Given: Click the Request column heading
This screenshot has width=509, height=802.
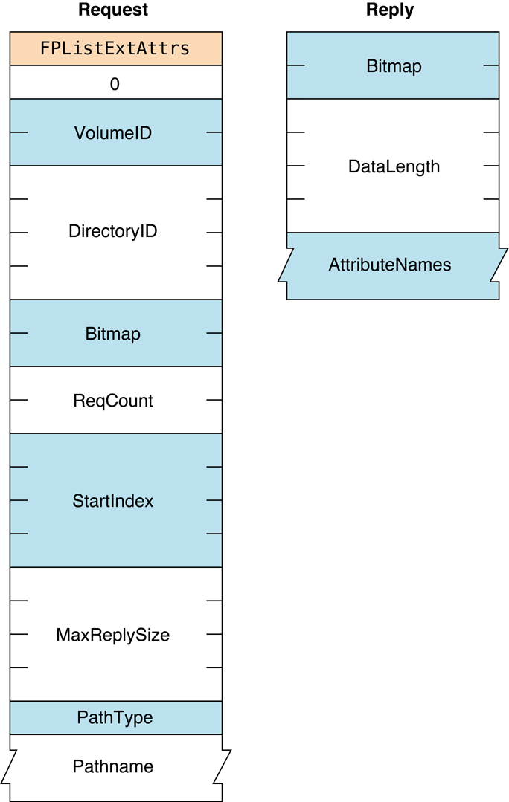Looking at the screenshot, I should [113, 10].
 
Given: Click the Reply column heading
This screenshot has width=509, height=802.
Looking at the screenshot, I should [390, 10].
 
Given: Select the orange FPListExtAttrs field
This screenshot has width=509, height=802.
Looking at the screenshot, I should [115, 49].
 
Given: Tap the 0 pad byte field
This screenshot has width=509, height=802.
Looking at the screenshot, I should [115, 84].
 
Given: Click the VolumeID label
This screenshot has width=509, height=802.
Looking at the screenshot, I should [113, 133].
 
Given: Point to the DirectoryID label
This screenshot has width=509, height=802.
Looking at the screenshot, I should [113, 231].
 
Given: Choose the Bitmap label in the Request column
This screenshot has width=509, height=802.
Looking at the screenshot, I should [113, 334].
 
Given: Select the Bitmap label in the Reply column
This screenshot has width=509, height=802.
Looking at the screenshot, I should [394, 66].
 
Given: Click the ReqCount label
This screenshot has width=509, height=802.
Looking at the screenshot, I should [113, 401].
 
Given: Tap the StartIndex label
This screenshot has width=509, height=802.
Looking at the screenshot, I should [113, 501].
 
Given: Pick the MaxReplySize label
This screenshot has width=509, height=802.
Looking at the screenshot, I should [113, 635].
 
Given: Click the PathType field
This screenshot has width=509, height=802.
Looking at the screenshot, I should [115, 718].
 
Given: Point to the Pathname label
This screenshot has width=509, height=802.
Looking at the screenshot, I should [113, 766].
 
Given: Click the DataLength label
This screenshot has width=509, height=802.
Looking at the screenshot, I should [394, 166].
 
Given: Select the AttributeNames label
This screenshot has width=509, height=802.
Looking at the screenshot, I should [390, 265].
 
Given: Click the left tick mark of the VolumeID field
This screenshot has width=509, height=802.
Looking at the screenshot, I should [19, 132].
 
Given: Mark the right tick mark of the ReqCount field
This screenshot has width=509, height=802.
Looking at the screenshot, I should [214, 400].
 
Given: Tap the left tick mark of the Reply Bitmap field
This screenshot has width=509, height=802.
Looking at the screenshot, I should [295, 65].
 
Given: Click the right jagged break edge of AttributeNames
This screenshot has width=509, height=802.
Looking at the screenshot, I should [499, 265].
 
